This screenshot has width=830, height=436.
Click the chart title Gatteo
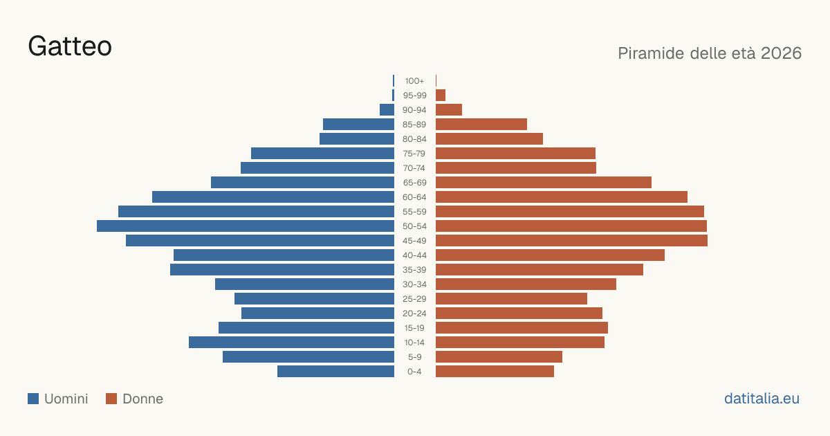(70, 46)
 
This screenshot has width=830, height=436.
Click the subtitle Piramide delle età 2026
(710, 53)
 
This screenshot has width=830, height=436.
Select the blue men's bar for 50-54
(246, 226)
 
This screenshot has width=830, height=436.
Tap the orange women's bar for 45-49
(571, 241)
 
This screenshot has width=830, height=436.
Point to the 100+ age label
(414, 81)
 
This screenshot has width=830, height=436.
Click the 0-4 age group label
(414, 372)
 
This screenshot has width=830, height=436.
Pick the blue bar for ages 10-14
(291, 342)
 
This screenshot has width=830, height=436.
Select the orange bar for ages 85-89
(481, 124)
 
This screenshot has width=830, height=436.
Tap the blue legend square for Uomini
(33, 399)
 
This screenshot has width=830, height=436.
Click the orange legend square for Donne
(111, 399)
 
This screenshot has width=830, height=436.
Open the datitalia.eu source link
(762, 399)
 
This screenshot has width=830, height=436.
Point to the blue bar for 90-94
(387, 110)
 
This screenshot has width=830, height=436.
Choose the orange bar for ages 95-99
(441, 96)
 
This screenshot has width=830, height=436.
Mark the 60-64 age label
(414, 197)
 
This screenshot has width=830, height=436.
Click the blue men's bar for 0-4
(335, 372)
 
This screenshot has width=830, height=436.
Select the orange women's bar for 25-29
(511, 299)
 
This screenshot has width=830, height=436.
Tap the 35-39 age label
(414, 269)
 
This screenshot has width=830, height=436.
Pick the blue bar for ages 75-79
(322, 154)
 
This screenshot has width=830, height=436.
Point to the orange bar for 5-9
(499, 357)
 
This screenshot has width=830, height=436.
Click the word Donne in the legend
(142, 399)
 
